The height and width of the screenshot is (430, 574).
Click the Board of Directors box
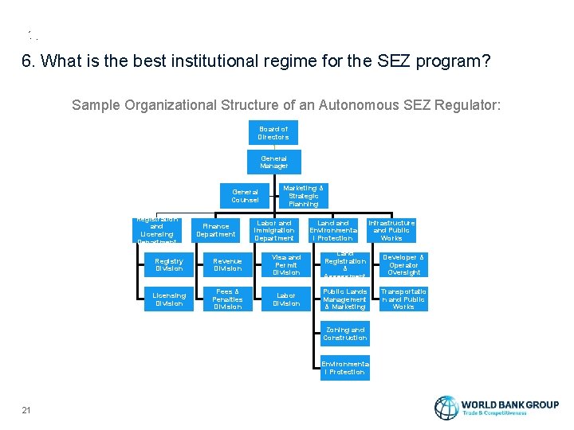click(273, 133)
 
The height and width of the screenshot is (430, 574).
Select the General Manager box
click(273, 162)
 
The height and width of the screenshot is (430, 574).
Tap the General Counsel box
click(245, 195)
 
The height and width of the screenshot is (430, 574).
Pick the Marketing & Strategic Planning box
click(303, 196)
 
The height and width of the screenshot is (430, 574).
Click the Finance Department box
click(216, 230)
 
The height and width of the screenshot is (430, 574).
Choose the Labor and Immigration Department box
click(273, 230)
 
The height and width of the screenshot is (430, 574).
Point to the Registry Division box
click(169, 264)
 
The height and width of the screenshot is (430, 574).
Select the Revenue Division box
click(227, 264)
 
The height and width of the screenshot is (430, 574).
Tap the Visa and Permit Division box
click(286, 264)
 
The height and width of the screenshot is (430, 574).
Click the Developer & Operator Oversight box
click(403, 264)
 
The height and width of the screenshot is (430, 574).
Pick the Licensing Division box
click(169, 299)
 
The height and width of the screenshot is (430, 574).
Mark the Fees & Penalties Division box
click(227, 299)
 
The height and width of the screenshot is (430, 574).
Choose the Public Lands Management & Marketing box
click(344, 299)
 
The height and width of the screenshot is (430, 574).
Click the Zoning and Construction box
click(344, 333)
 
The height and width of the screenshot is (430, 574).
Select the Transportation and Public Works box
click(403, 299)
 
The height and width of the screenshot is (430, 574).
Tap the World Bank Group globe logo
click(446, 408)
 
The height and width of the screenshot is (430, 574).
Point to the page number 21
click(26, 410)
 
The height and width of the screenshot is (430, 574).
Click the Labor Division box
click(286, 299)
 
